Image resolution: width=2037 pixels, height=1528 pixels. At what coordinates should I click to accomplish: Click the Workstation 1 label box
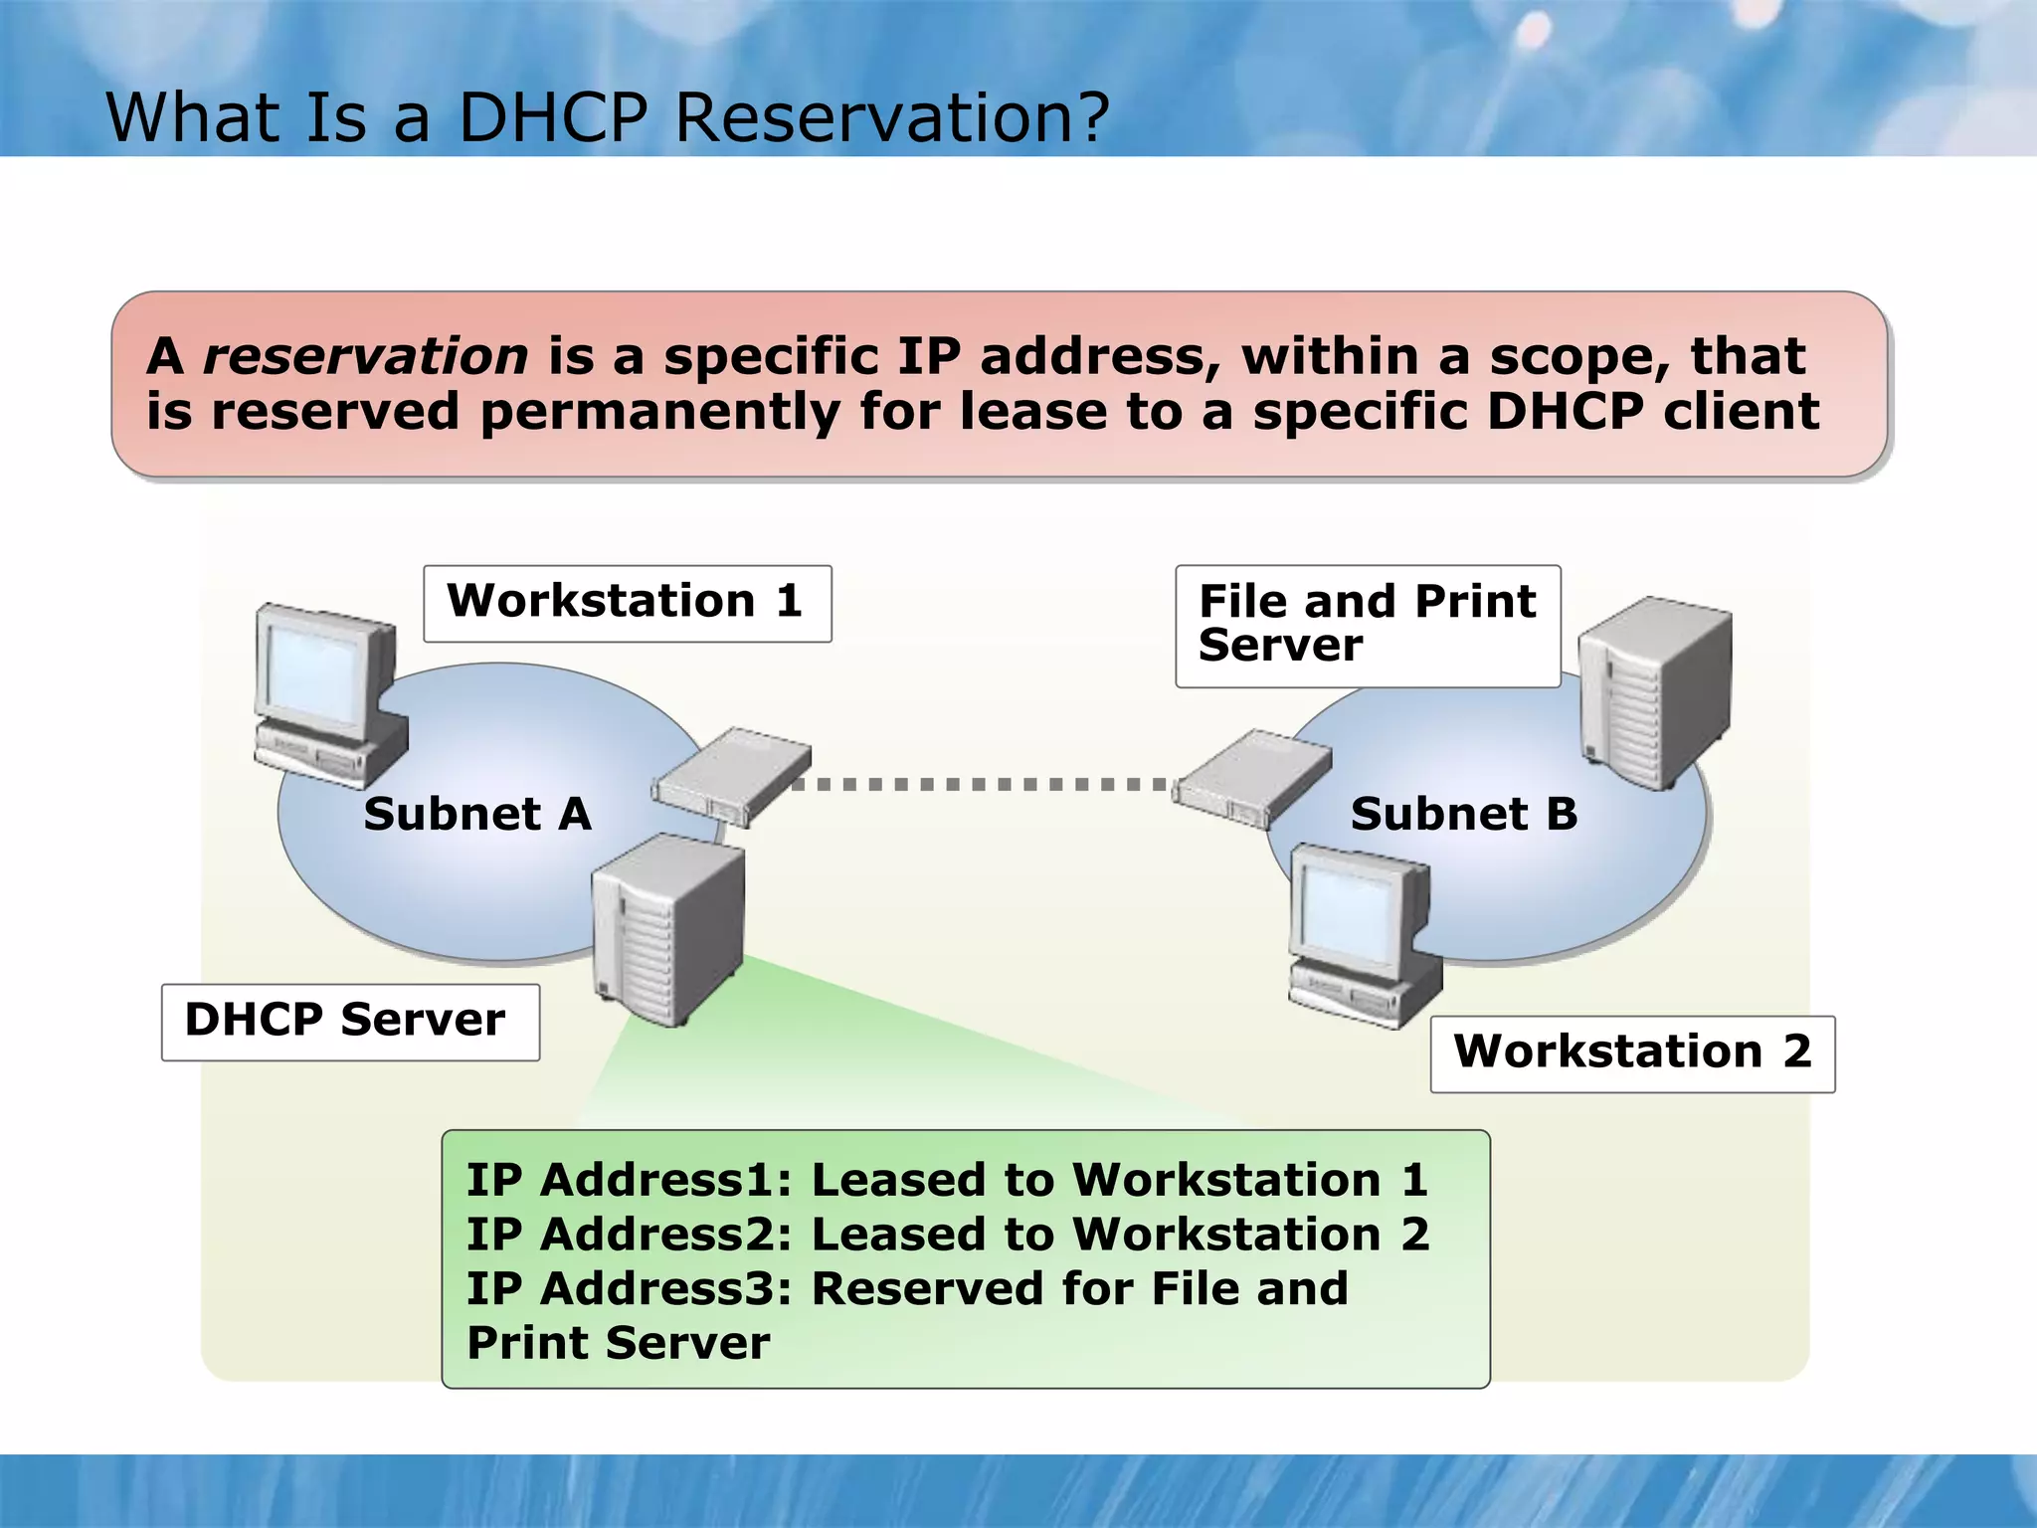click(627, 603)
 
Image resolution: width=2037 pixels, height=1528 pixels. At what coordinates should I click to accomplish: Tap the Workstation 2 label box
click(1631, 1053)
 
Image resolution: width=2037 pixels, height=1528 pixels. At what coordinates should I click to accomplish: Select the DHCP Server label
click(349, 1022)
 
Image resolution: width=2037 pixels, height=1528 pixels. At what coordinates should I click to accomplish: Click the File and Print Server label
click(1367, 625)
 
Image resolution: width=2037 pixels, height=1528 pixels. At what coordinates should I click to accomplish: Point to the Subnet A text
click(477, 814)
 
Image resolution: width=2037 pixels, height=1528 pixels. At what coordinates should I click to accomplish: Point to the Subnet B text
click(1463, 814)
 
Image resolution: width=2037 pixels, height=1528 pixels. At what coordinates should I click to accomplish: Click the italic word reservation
click(365, 357)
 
